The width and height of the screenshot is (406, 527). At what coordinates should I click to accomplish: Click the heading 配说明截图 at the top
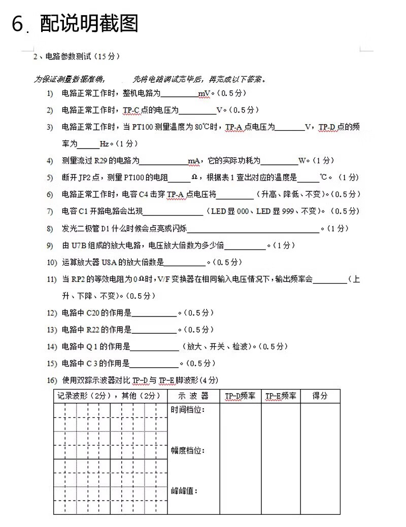tap(89, 23)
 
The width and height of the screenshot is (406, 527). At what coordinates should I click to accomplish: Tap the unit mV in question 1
tap(204, 93)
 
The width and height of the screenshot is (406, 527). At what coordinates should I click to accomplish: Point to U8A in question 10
tap(109, 262)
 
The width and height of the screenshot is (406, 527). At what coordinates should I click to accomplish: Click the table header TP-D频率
tap(240, 396)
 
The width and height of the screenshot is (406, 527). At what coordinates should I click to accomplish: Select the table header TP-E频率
tap(281, 396)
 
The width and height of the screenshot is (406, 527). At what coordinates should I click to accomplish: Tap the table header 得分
tap(320, 396)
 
